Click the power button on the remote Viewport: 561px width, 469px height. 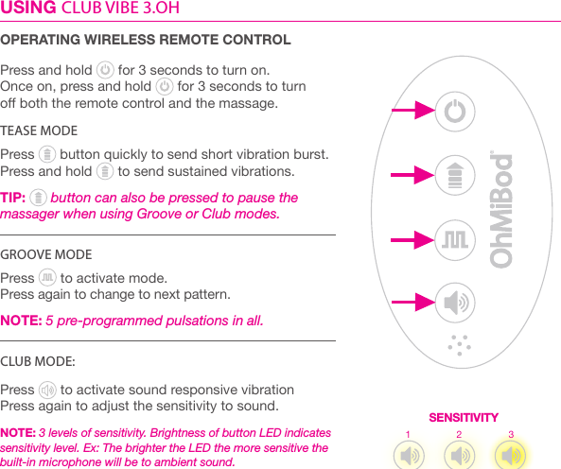455,113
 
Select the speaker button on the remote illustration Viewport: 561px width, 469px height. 455,303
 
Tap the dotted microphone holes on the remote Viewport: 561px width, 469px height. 458,344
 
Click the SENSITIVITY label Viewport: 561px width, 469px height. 464,417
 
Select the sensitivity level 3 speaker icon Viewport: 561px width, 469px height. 511,454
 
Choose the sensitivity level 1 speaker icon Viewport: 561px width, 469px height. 410,455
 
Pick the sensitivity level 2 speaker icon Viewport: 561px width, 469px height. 460,455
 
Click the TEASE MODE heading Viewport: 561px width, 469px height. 39,130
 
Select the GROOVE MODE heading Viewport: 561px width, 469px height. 46,255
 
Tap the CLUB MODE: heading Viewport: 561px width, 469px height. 39,361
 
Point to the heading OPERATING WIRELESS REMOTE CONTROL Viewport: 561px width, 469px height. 146,40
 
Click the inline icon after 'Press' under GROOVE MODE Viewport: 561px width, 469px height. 47,278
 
